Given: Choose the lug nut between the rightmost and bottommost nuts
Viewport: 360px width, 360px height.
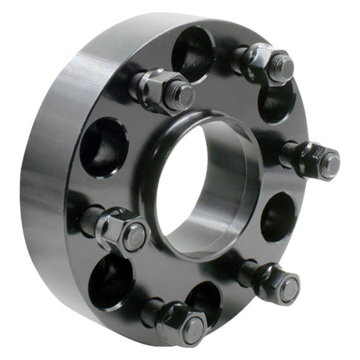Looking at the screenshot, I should [x=276, y=283].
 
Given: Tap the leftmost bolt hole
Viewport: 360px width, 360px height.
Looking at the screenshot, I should [x=103, y=146].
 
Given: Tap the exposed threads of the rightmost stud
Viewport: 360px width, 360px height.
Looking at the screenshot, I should [x=288, y=154].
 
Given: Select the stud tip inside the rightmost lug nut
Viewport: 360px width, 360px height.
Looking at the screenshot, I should [x=330, y=164].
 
